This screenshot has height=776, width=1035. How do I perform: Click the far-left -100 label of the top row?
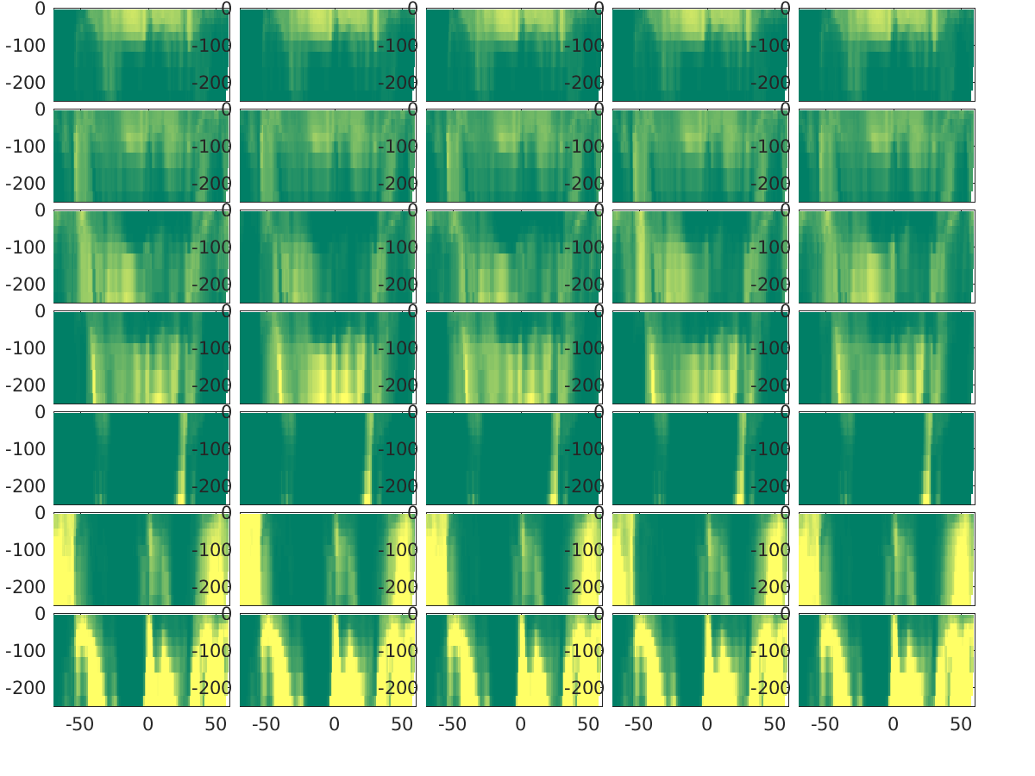(x=26, y=46)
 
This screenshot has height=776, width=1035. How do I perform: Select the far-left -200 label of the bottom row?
(x=26, y=687)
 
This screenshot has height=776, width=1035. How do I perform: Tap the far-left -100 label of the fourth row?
(x=26, y=348)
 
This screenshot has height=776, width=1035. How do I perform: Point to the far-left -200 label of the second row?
(x=26, y=183)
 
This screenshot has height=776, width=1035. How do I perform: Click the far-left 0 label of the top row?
(x=40, y=9)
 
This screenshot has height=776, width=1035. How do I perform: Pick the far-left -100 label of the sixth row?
(x=26, y=549)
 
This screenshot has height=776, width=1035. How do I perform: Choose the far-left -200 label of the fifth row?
(x=26, y=485)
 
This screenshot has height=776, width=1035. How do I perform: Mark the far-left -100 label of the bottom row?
(x=26, y=650)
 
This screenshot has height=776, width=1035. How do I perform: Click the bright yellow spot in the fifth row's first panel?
(x=180, y=498)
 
